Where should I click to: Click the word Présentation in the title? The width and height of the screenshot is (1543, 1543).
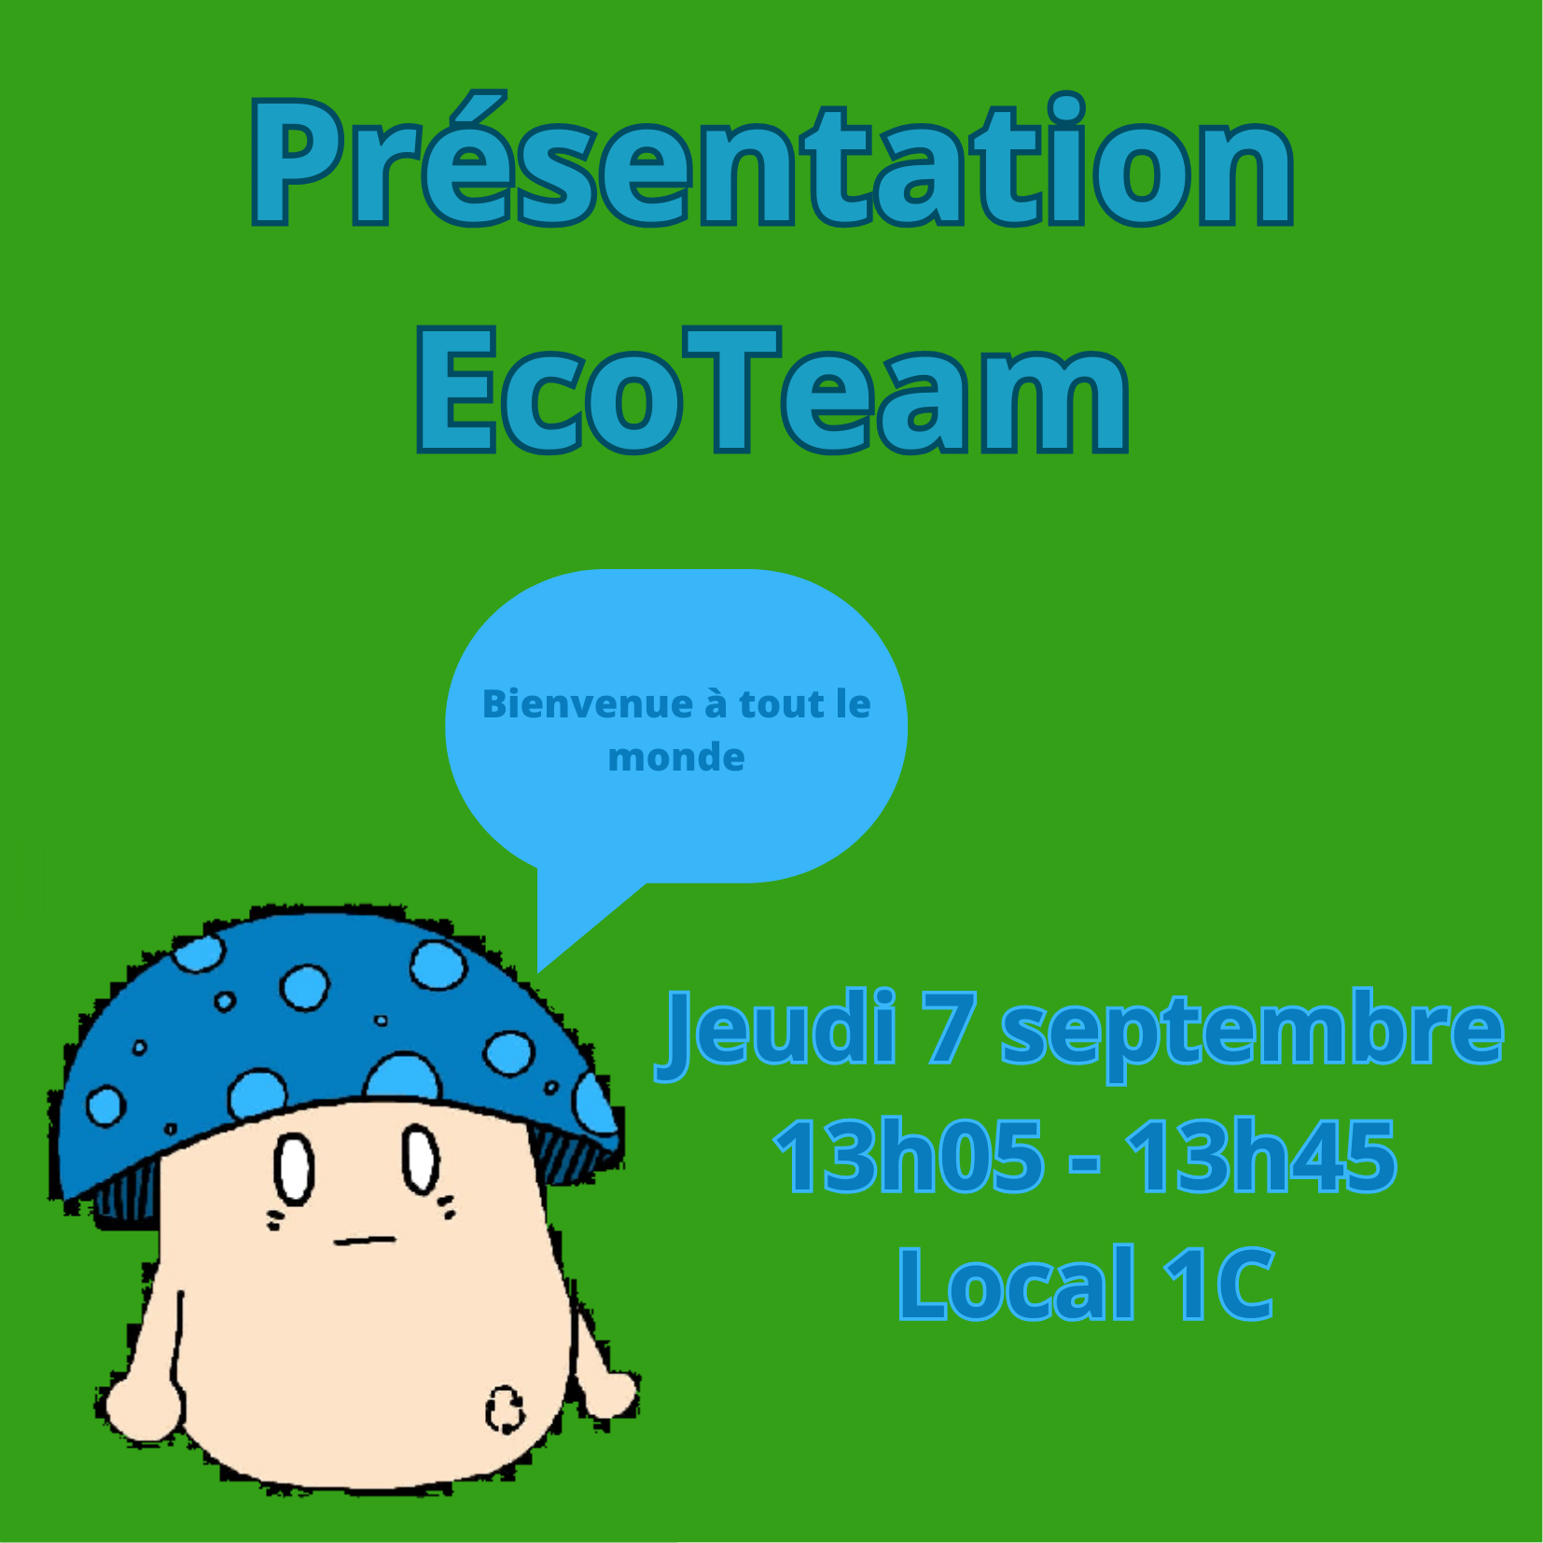tap(771, 160)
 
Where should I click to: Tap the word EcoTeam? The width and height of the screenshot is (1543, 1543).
tap(772, 390)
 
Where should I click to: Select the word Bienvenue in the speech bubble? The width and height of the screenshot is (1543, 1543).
tap(587, 703)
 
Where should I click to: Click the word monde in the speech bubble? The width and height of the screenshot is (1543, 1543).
tap(676, 757)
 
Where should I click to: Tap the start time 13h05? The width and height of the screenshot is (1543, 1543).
tap(909, 1157)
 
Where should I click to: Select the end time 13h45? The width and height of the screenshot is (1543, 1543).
tap(1261, 1157)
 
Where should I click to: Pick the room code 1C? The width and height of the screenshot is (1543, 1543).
tap(1219, 1285)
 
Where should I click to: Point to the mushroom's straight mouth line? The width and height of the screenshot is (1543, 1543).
tap(365, 1240)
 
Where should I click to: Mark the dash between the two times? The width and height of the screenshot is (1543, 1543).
tap(1084, 1163)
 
